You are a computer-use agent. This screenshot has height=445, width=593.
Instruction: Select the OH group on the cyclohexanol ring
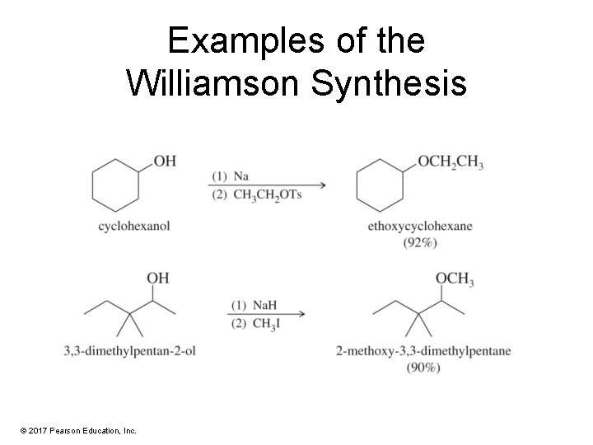pyautogui.click(x=165, y=160)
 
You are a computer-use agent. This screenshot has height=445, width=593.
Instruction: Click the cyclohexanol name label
pyautogui.click(x=133, y=226)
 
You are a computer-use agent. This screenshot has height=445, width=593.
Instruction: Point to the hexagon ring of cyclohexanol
pyautogui.click(x=116, y=185)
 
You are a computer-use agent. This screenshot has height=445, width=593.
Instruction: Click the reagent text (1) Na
pyautogui.click(x=231, y=176)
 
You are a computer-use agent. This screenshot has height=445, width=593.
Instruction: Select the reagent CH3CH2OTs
pyautogui.click(x=256, y=195)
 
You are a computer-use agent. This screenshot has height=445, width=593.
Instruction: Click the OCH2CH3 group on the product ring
pyautogui.click(x=450, y=161)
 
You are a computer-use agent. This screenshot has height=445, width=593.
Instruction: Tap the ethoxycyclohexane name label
pyautogui.click(x=420, y=227)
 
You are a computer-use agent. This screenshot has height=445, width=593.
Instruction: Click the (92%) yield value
pyautogui.click(x=420, y=242)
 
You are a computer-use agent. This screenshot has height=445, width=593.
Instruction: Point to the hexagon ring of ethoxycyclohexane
pyautogui.click(x=381, y=185)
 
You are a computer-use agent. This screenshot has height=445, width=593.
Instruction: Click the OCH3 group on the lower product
pyautogui.click(x=454, y=280)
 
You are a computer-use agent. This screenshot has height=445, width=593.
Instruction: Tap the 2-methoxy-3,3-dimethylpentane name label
pyautogui.click(x=423, y=351)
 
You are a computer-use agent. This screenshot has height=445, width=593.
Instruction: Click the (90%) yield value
pyautogui.click(x=423, y=367)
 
